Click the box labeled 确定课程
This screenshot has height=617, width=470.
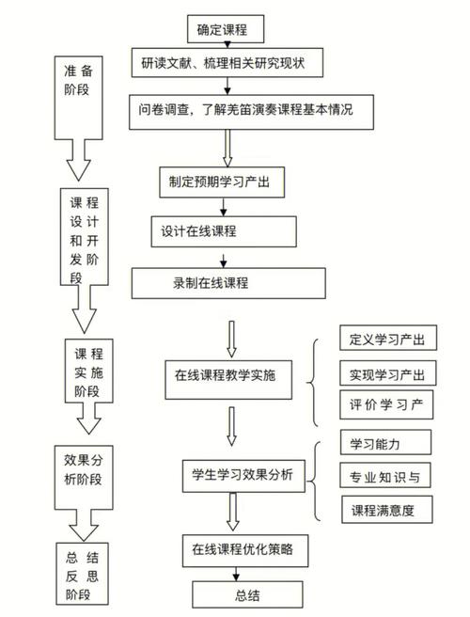pos(228,29)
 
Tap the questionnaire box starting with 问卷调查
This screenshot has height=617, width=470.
pos(253,110)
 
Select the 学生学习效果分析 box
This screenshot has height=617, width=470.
pos(243,474)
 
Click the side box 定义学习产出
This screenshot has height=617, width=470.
pos(386,340)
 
